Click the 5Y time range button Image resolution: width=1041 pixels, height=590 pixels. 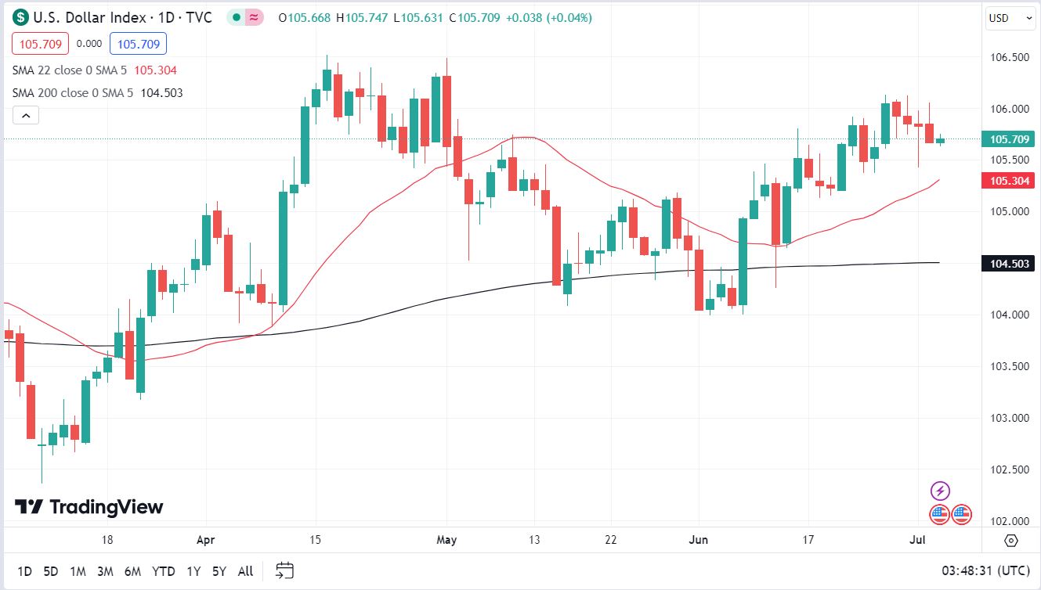(219, 571)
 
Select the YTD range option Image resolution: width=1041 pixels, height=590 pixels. (163, 571)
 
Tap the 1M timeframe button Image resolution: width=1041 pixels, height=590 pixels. (78, 571)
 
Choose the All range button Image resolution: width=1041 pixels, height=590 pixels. (245, 571)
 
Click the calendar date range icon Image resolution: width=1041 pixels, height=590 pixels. (284, 570)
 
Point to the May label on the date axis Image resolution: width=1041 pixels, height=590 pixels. (446, 540)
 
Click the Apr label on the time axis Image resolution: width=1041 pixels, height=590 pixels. (205, 540)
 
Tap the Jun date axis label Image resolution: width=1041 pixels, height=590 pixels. (698, 540)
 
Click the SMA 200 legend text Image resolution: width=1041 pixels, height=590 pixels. (73, 93)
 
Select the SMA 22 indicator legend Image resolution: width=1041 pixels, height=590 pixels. (70, 70)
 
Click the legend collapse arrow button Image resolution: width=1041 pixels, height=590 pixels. (26, 116)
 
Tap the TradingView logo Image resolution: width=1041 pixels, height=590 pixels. (89, 507)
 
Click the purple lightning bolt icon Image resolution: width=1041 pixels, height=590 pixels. (940, 491)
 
